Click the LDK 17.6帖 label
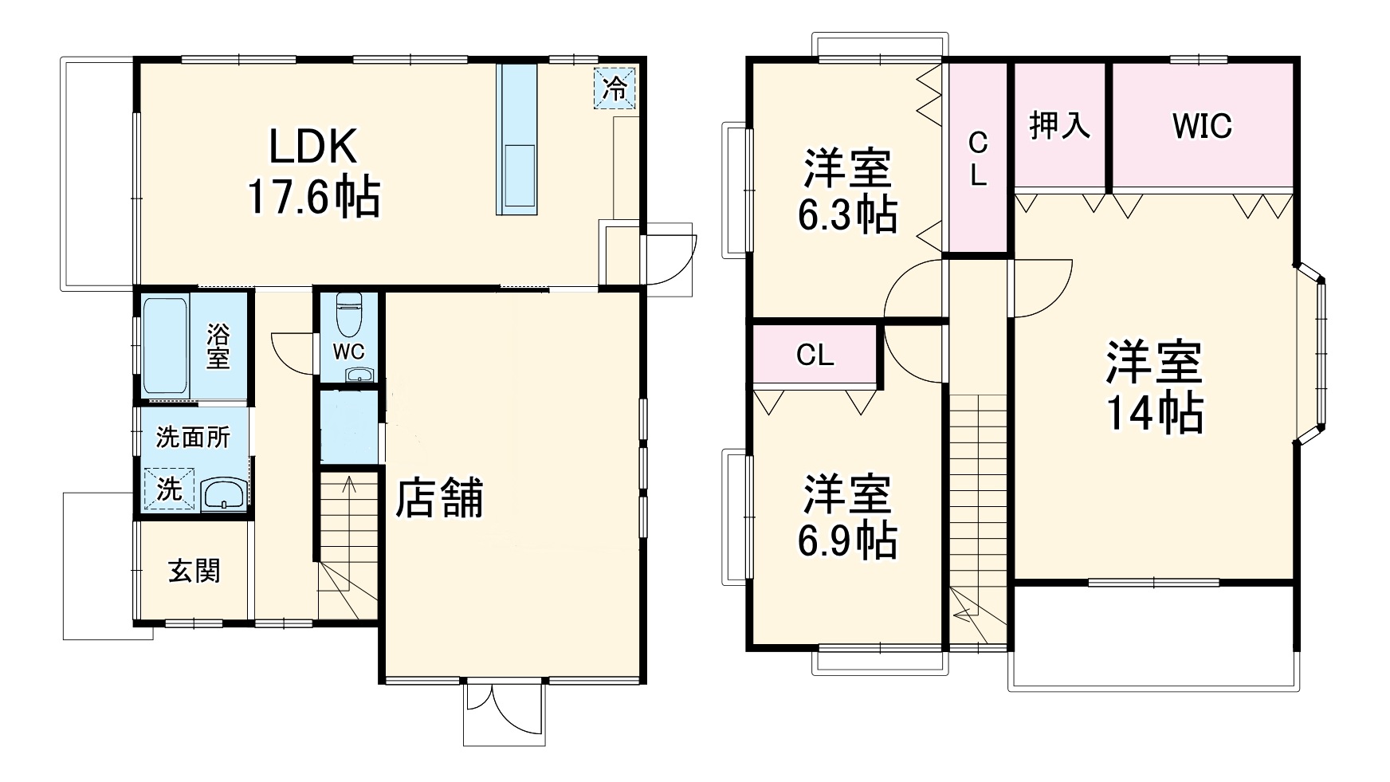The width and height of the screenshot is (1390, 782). click(312, 171)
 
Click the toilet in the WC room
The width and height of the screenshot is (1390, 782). click(348, 315)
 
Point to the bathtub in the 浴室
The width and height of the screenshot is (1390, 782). click(165, 346)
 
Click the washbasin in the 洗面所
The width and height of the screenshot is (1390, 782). click(224, 494)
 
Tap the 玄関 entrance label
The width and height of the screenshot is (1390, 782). click(194, 571)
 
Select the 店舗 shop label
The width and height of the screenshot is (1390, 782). click(440, 498)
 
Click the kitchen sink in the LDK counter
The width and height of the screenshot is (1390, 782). click(518, 179)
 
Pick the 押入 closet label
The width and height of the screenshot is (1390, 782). click(1059, 126)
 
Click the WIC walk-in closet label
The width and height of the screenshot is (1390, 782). click(1202, 126)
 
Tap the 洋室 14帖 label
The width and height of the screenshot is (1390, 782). click(1153, 387)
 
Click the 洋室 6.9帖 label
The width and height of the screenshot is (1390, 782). click(846, 517)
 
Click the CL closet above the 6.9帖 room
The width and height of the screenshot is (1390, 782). click(815, 355)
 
